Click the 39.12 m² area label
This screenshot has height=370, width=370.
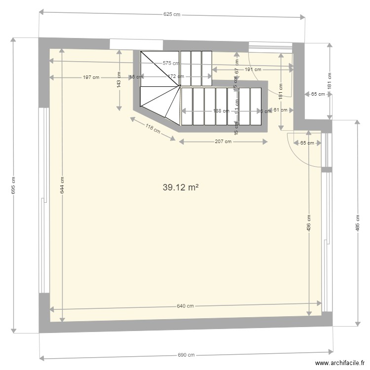pyautogui.click(x=180, y=187)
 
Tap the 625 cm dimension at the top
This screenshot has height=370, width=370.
pyautogui.click(x=172, y=15)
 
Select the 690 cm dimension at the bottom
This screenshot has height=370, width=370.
pyautogui.click(x=186, y=355)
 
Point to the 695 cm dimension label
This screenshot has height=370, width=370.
pyautogui.click(x=13, y=185)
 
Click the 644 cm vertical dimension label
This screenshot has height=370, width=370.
pyautogui.click(x=62, y=185)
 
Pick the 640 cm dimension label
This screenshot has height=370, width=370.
pyautogui.click(x=185, y=306)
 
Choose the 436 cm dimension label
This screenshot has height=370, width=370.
pyautogui.click(x=309, y=223)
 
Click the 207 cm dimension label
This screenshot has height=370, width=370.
pyautogui.click(x=223, y=142)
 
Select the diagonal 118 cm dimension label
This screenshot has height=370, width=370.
pyautogui.click(x=153, y=129)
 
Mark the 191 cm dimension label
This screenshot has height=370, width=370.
pyautogui.click(x=253, y=70)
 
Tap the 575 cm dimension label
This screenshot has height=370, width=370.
pyautogui.click(x=171, y=63)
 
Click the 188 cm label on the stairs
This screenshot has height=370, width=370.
pyautogui.click(x=221, y=111)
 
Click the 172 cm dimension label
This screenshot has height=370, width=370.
pyautogui.click(x=176, y=76)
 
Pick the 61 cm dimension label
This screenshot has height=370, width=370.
pyautogui.click(x=280, y=110)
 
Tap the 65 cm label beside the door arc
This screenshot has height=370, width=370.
pyautogui.click(x=307, y=143)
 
